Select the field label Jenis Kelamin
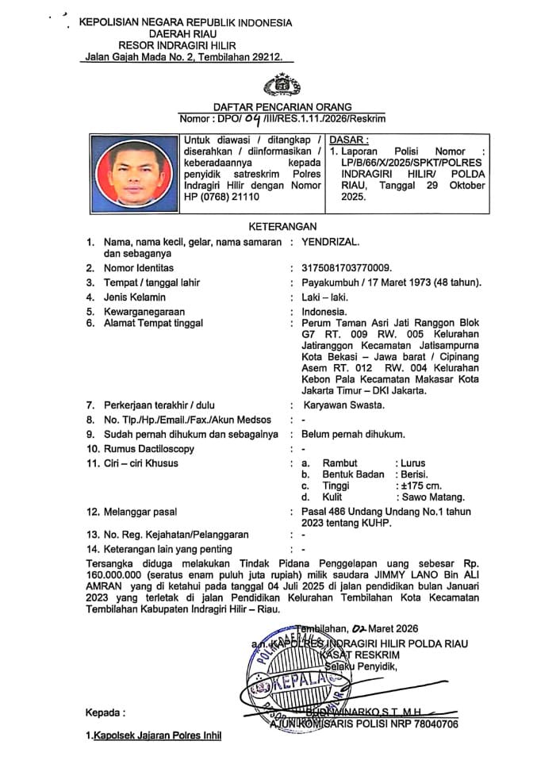coord(134,297)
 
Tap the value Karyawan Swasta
coord(343,405)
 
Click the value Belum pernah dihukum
coord(354,434)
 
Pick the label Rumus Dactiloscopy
coord(149,449)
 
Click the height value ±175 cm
coord(419,486)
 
